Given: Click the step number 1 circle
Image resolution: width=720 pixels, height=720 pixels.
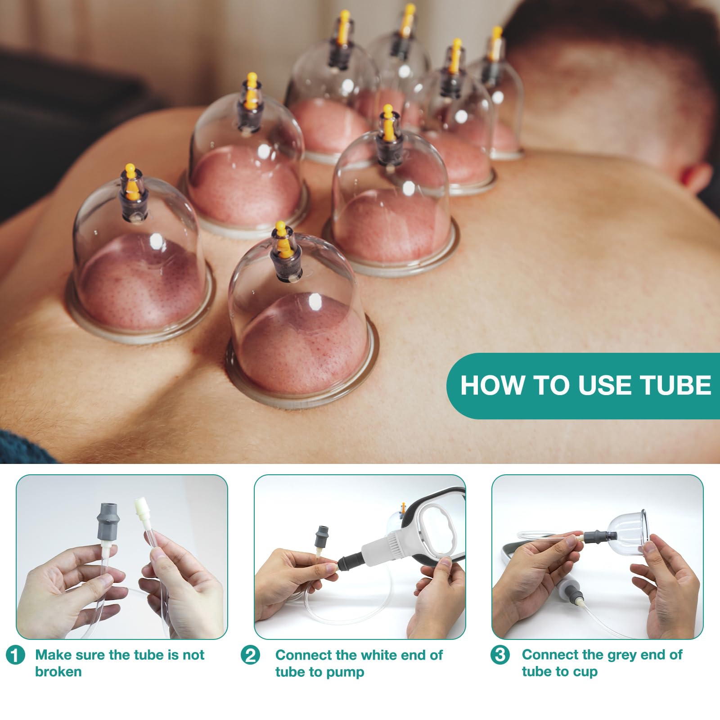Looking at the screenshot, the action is pos(16,655).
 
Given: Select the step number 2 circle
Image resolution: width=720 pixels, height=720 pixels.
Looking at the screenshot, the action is pos(250,655).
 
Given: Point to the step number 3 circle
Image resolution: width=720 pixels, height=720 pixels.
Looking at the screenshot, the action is pos(500,654).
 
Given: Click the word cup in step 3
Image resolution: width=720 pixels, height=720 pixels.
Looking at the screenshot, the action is pos(585,673).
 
